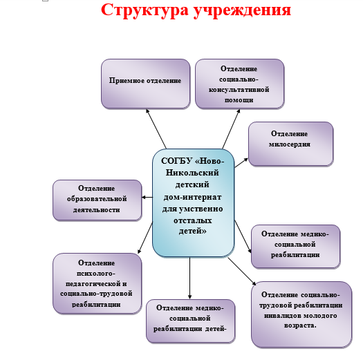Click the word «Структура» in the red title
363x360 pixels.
(145, 10)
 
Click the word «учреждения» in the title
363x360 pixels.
(242, 11)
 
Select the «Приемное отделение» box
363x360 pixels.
(146, 84)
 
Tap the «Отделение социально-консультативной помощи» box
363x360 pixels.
(240, 84)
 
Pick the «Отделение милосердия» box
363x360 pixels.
(291, 144)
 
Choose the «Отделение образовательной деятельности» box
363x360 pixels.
(97, 200)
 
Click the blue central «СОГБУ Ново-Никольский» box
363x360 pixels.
(194, 203)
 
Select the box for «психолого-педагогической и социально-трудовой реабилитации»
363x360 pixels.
(97, 283)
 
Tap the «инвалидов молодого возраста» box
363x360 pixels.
(301, 314)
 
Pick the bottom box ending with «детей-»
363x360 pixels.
(191, 321)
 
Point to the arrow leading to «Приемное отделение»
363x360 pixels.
(156, 129)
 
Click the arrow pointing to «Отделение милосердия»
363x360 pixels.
(241, 162)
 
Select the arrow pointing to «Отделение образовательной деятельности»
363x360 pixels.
(147, 198)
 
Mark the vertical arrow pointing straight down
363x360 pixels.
(190, 278)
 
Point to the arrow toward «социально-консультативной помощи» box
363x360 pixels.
(231, 129)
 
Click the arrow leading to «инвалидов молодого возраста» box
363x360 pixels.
(242, 271)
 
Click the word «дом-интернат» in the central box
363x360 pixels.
(192, 197)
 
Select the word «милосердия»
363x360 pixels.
(290, 144)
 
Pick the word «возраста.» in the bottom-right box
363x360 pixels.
(300, 325)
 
